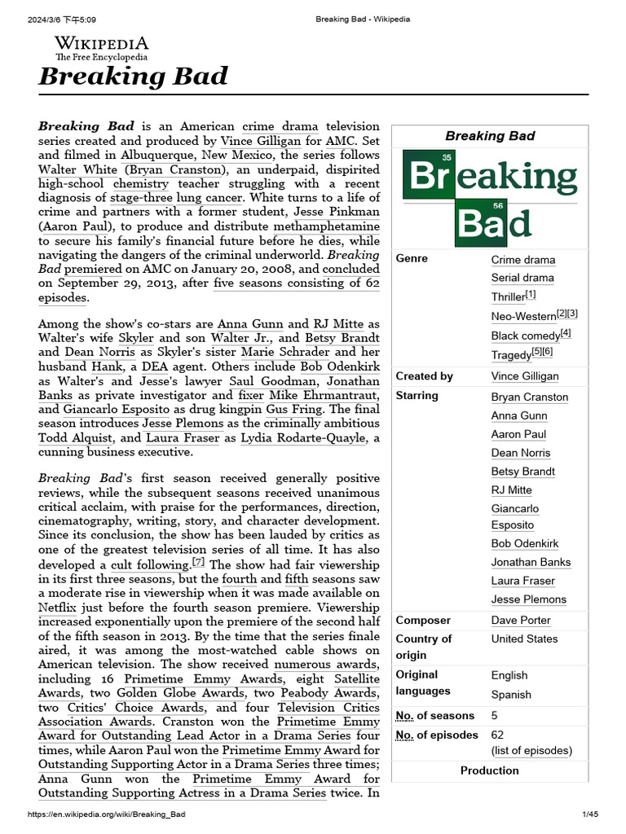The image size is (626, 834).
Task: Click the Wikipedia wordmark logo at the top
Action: click(x=101, y=47)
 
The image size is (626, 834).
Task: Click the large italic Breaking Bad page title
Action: click(x=133, y=77)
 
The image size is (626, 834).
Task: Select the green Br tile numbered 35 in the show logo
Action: click(x=429, y=175)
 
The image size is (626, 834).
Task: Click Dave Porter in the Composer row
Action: click(x=521, y=620)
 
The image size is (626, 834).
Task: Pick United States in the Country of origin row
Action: click(x=524, y=639)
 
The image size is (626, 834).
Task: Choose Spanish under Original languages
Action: click(x=511, y=695)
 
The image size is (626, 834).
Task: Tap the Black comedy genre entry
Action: click(x=526, y=336)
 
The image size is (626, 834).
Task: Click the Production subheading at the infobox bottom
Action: click(x=489, y=770)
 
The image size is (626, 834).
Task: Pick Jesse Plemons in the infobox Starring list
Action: click(x=528, y=599)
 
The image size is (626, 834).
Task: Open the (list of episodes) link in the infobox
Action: click(x=531, y=750)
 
